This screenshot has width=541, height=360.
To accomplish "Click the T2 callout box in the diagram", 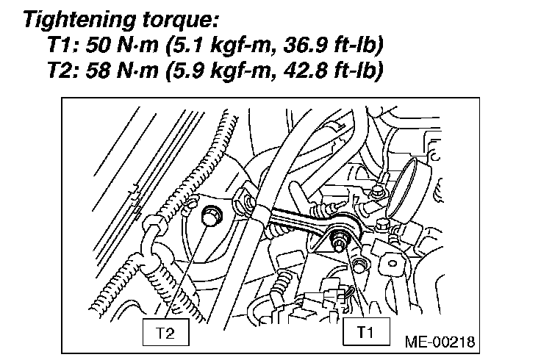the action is point(166,332).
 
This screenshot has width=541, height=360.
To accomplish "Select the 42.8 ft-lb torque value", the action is point(334,73).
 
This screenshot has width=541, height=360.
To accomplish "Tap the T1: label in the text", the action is point(62,46).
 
